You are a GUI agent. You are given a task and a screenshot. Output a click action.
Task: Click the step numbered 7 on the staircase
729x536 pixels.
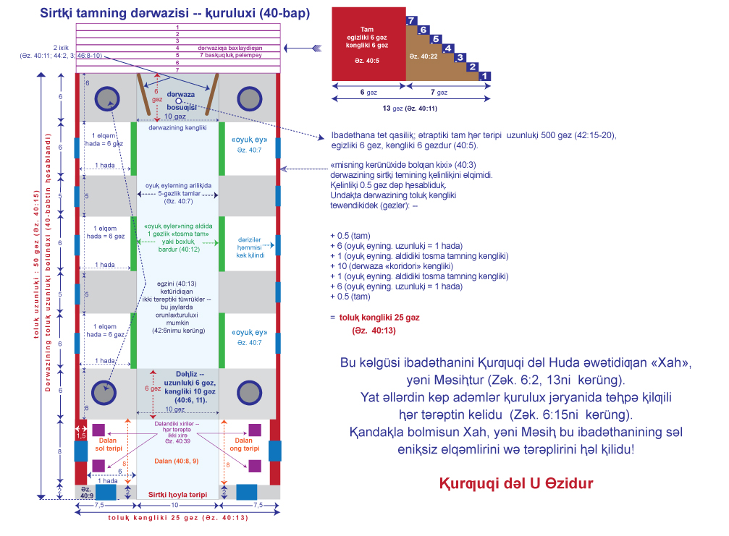(x=411, y=20)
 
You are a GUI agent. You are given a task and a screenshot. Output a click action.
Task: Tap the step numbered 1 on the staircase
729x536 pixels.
(x=486, y=75)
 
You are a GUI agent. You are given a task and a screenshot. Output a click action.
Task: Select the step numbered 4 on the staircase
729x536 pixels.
(x=448, y=48)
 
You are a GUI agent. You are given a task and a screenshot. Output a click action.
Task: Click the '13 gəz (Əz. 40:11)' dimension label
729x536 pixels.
(x=408, y=109)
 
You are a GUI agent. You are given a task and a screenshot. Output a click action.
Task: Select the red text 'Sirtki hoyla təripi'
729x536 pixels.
(x=177, y=494)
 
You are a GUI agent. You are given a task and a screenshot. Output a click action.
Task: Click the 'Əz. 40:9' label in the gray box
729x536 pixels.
(x=86, y=493)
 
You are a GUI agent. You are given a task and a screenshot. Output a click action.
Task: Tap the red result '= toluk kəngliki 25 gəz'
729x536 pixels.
(x=375, y=317)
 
